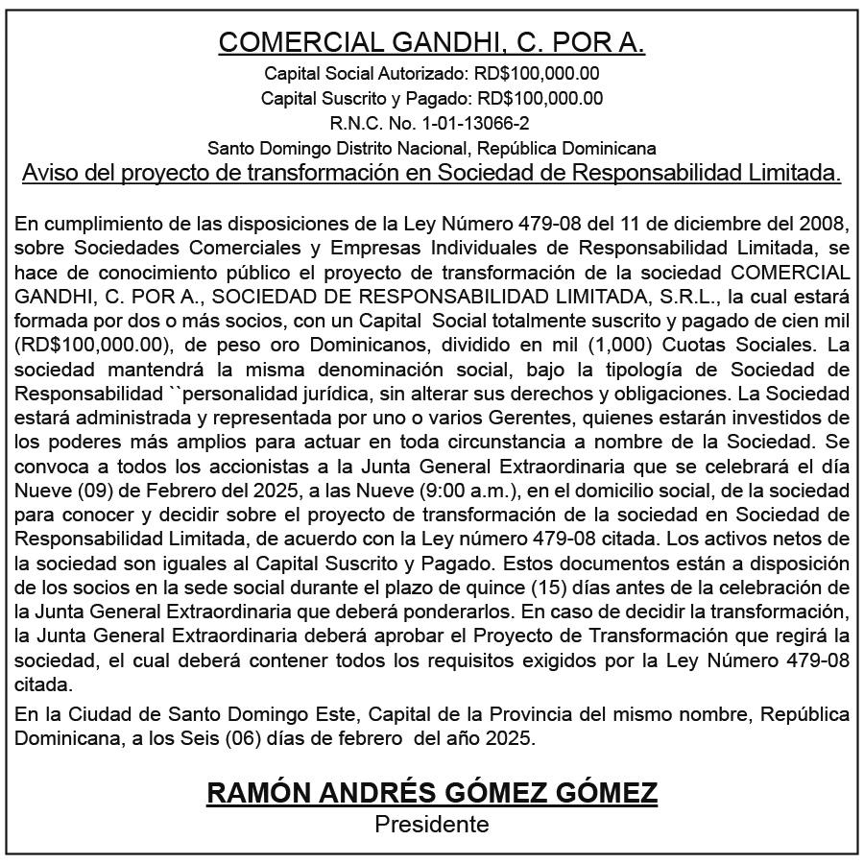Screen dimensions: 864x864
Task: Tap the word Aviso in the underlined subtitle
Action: coord(49,173)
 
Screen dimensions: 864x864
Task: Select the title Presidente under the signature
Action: coord(432,824)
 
